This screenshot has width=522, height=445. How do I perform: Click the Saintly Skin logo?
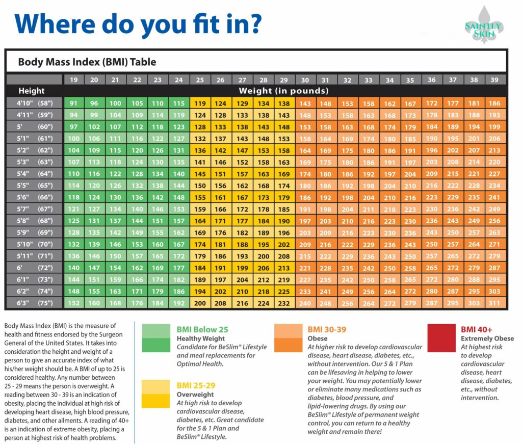point(483,25)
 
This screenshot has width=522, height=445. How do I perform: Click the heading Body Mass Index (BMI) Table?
point(87,62)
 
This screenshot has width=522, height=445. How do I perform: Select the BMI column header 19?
point(73,80)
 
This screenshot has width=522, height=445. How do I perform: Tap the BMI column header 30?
point(305,80)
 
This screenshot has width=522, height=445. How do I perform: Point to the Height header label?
point(32,91)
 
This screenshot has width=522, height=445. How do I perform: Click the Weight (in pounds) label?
point(284,91)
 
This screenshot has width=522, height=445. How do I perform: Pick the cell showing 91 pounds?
point(73,103)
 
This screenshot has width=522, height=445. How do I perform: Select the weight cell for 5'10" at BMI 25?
point(200,244)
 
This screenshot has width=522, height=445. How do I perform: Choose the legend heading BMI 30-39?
point(327,329)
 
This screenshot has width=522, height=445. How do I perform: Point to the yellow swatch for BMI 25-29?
point(155,394)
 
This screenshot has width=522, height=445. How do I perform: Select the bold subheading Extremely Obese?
point(487,338)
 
